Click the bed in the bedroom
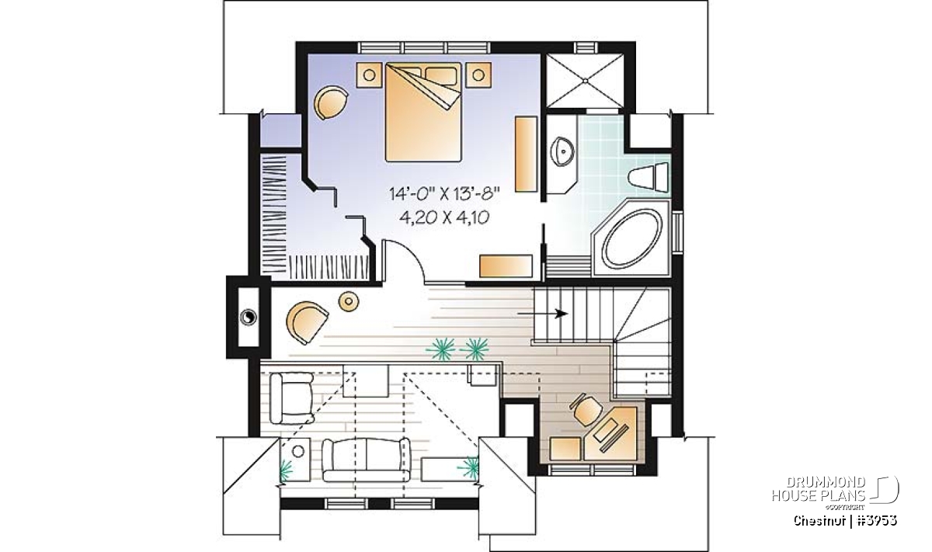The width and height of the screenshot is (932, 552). [x=423, y=112]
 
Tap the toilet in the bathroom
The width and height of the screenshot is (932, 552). [x=649, y=177]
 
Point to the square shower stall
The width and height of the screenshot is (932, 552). [x=585, y=80]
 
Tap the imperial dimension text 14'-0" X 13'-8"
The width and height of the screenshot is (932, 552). [x=444, y=194]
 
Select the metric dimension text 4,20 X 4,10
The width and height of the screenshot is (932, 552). [x=443, y=217]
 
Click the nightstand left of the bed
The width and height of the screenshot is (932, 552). [x=369, y=75]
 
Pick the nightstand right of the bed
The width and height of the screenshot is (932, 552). [x=478, y=75]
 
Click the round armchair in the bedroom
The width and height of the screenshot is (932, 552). [x=331, y=102]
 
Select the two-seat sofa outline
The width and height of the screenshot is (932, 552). [x=366, y=460]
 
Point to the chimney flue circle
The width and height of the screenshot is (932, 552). [x=248, y=318]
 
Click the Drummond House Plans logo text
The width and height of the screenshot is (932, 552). [x=819, y=489]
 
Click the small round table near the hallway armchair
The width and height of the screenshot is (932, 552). [x=349, y=300]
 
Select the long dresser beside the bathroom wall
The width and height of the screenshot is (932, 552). [x=526, y=154]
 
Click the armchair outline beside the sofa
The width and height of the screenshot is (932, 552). [x=292, y=398]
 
